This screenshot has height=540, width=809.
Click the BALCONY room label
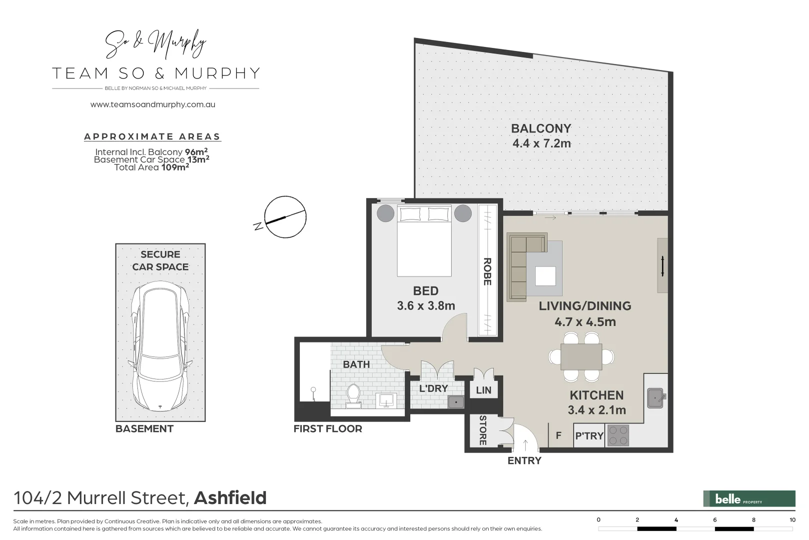541,128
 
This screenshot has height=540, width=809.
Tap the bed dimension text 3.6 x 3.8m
426,305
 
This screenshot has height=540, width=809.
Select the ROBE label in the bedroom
487,271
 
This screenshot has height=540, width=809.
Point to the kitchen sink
655,398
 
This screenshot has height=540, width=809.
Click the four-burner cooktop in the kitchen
618,434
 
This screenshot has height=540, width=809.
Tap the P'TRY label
589,435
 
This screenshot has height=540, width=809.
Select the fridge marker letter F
559,435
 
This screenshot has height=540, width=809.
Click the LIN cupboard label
483,390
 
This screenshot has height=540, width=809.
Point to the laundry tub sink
456,401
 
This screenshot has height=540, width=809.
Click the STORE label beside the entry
483,430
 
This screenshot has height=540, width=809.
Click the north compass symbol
284,217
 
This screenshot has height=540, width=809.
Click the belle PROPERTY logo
749,498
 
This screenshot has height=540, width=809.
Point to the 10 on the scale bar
792,520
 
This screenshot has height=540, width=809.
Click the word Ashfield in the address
230,498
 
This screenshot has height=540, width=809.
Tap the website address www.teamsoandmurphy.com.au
152,104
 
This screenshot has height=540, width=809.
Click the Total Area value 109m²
175,167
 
